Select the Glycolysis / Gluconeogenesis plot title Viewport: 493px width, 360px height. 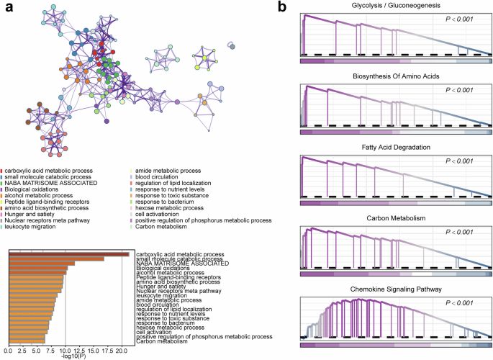[397, 6]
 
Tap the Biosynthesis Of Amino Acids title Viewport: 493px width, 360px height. [397, 76]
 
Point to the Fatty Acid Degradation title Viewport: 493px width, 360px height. [397, 148]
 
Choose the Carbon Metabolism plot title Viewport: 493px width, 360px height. [397, 217]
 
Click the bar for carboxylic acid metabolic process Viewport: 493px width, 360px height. [69, 253]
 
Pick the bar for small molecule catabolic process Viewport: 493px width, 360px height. [56, 258]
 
